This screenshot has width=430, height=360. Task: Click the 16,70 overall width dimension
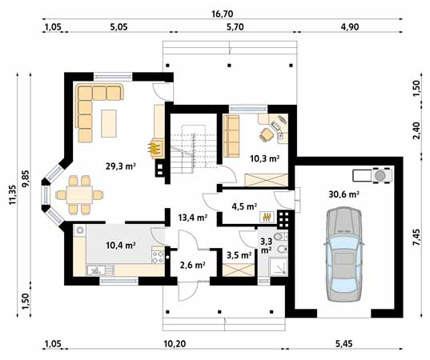click(x=222, y=14)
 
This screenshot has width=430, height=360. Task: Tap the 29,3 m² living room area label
click(x=121, y=166)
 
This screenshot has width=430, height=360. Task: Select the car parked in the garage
click(x=344, y=254)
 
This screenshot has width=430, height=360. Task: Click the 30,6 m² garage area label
click(x=344, y=194)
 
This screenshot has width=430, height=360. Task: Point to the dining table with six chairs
click(x=79, y=194)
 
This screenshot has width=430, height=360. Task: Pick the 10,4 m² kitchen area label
click(x=121, y=245)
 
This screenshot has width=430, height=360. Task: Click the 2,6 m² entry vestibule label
click(x=193, y=265)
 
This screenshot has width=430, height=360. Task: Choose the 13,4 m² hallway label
click(x=192, y=218)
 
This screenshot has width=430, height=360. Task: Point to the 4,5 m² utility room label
click(x=244, y=206)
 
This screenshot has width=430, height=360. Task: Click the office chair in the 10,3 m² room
click(x=267, y=135)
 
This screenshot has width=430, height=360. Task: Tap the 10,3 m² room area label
click(x=264, y=158)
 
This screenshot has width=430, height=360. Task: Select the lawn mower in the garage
click(x=372, y=175)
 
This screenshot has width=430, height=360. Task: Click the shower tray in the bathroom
click(x=279, y=266)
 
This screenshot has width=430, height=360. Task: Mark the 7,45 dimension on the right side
click(x=416, y=238)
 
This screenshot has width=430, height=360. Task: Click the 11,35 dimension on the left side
click(x=13, y=194)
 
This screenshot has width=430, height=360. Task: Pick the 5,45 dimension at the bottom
click(x=344, y=343)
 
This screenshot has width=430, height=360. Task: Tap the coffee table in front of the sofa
click(x=109, y=123)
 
